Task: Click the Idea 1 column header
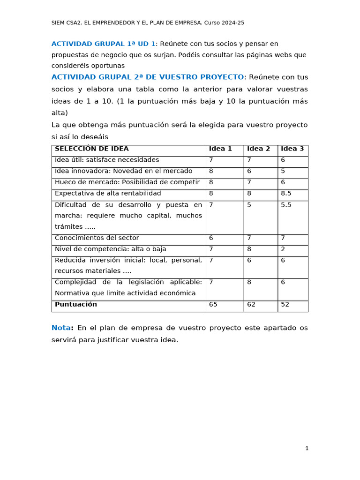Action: [x=220, y=149]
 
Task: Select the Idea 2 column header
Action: [x=258, y=149]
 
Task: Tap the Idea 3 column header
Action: [x=292, y=149]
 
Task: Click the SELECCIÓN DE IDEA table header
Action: [x=91, y=149]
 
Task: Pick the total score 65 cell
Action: [x=213, y=305]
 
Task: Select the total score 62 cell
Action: [x=251, y=305]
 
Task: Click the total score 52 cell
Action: [x=285, y=305]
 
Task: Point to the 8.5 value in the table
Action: [x=286, y=194]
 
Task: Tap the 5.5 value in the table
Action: [x=286, y=205]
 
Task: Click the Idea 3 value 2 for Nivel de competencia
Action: [x=283, y=249]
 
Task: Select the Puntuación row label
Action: [x=76, y=305]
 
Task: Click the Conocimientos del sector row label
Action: [x=97, y=238]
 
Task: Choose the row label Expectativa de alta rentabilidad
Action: [x=108, y=194]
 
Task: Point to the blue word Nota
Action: [x=60, y=328]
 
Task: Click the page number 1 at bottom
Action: [x=307, y=449]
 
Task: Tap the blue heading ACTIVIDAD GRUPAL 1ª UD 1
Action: [x=103, y=44]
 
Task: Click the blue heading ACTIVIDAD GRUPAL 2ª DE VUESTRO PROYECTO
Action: [x=148, y=77]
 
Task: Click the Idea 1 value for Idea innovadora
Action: [x=211, y=172]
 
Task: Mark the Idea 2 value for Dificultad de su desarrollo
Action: [x=249, y=205]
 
